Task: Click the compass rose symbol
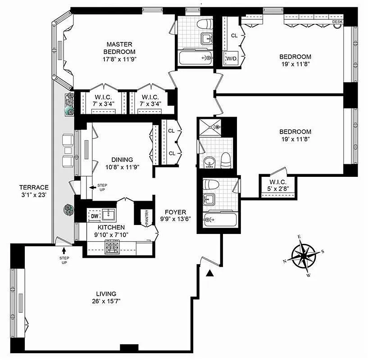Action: [305, 255]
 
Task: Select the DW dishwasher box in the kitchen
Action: [95, 216]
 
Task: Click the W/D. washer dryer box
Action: [232, 58]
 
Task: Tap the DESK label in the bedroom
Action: [337, 22]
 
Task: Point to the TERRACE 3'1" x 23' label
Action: [34, 191]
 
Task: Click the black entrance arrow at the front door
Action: [209, 273]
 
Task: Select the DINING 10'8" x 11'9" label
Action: [122, 163]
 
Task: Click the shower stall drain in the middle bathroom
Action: [218, 127]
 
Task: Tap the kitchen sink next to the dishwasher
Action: [109, 215]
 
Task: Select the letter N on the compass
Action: [285, 261]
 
